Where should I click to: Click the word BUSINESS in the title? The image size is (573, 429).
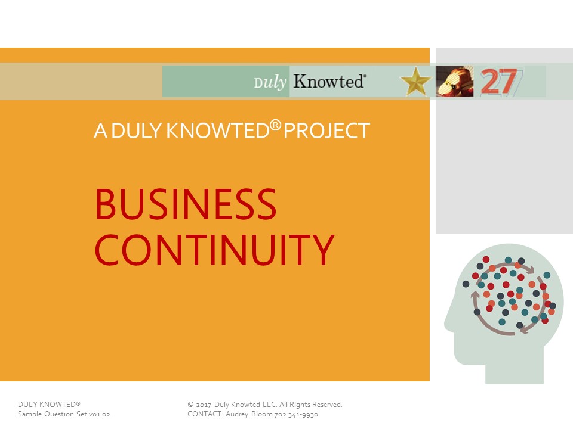click(186, 204)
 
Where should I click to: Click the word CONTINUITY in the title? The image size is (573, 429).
click(214, 250)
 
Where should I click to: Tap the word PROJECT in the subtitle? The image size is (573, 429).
click(326, 130)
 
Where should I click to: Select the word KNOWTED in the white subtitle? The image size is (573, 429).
click(218, 130)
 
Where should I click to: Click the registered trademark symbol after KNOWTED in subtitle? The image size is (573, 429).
click(276, 126)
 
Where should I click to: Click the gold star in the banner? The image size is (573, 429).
click(416, 81)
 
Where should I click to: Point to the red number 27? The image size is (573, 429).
click(499, 82)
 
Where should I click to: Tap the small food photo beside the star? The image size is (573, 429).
click(455, 81)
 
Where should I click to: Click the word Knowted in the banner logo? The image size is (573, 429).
click(329, 81)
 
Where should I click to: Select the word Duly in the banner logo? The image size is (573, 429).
click(270, 82)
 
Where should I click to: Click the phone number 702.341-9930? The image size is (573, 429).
click(296, 415)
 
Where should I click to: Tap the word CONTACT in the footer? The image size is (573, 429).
click(205, 414)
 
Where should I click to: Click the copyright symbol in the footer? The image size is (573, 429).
click(190, 404)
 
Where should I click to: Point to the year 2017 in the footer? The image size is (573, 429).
click(204, 405)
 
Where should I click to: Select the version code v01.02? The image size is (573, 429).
click(100, 415)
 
